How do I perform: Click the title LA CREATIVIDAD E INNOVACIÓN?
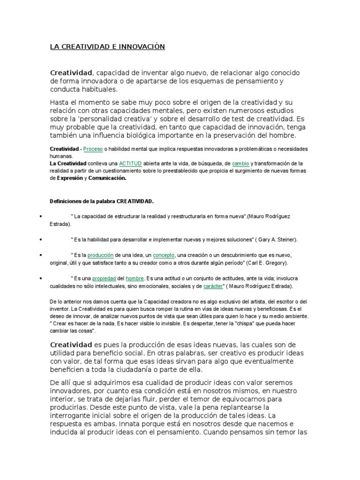click(x=108, y=47)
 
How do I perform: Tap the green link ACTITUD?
click(x=129, y=163)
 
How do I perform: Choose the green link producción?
click(x=101, y=255)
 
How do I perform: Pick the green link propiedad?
click(x=103, y=278)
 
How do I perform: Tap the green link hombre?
click(x=134, y=278)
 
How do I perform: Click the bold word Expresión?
click(x=69, y=178)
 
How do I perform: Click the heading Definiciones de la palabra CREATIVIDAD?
click(x=102, y=201)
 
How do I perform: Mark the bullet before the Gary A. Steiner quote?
click(x=42, y=240)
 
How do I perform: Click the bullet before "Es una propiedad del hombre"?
click(x=42, y=278)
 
